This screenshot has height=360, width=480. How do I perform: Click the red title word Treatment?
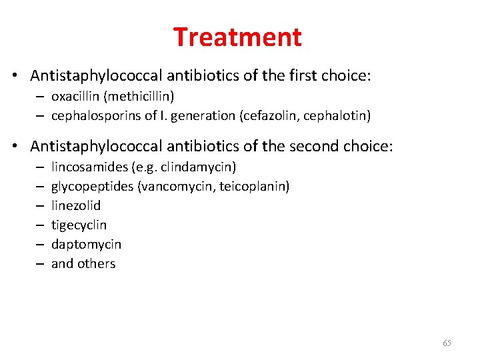point(237,37)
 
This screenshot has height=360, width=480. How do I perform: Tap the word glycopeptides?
point(92,186)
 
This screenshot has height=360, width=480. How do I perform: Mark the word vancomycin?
point(173,186)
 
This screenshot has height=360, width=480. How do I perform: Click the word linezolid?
point(76,205)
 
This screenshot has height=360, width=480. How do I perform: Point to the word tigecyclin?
point(79,225)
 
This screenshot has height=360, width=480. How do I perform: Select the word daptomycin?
point(86,245)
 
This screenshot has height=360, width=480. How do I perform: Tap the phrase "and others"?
point(83,263)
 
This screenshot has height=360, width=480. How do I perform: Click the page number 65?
point(447,343)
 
